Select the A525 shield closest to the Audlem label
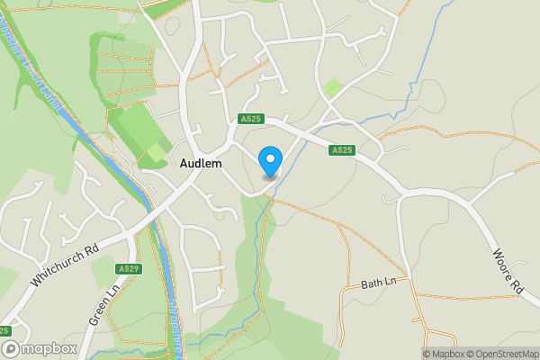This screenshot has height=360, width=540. [x=250, y=118]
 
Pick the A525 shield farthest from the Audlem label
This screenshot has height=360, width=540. [x=340, y=150]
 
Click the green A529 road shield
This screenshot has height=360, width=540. [x=129, y=268]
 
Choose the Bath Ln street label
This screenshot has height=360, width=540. [x=378, y=283]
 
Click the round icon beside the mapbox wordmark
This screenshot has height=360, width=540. [x=12, y=348]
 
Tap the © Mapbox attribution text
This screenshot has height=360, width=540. [x=444, y=354]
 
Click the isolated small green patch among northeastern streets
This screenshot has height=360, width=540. [x=332, y=88]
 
